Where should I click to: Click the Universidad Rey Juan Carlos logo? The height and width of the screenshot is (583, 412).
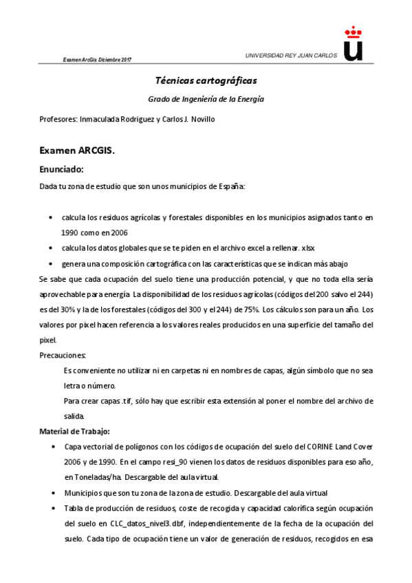pyautogui.click(x=352, y=45)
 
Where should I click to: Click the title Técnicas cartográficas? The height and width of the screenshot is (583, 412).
pyautogui.click(x=206, y=80)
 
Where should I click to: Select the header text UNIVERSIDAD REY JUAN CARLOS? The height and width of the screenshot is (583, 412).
pyautogui.click(x=291, y=56)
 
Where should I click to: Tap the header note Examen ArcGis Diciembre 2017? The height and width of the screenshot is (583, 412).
pyautogui.click(x=97, y=60)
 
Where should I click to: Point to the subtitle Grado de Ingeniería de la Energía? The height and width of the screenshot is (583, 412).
pyautogui.click(x=206, y=99)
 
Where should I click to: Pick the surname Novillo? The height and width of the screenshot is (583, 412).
pyautogui.click(x=202, y=119)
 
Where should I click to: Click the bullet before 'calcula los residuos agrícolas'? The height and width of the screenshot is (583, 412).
pyautogui.click(x=52, y=218)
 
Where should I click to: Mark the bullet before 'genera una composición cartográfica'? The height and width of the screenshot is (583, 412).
pyautogui.click(x=52, y=264)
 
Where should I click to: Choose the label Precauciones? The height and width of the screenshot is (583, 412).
pyautogui.click(x=63, y=355)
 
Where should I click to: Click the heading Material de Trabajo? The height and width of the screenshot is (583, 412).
pyautogui.click(x=74, y=431)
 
